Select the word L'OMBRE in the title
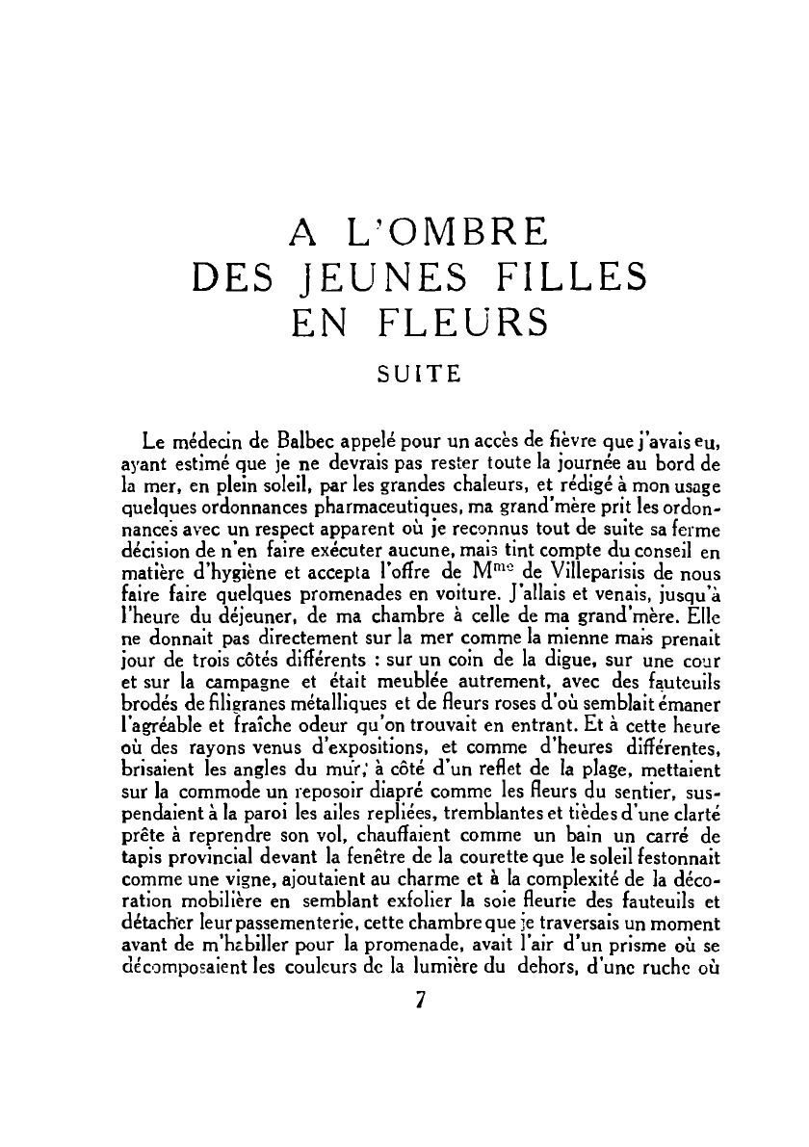pos(446,232)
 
